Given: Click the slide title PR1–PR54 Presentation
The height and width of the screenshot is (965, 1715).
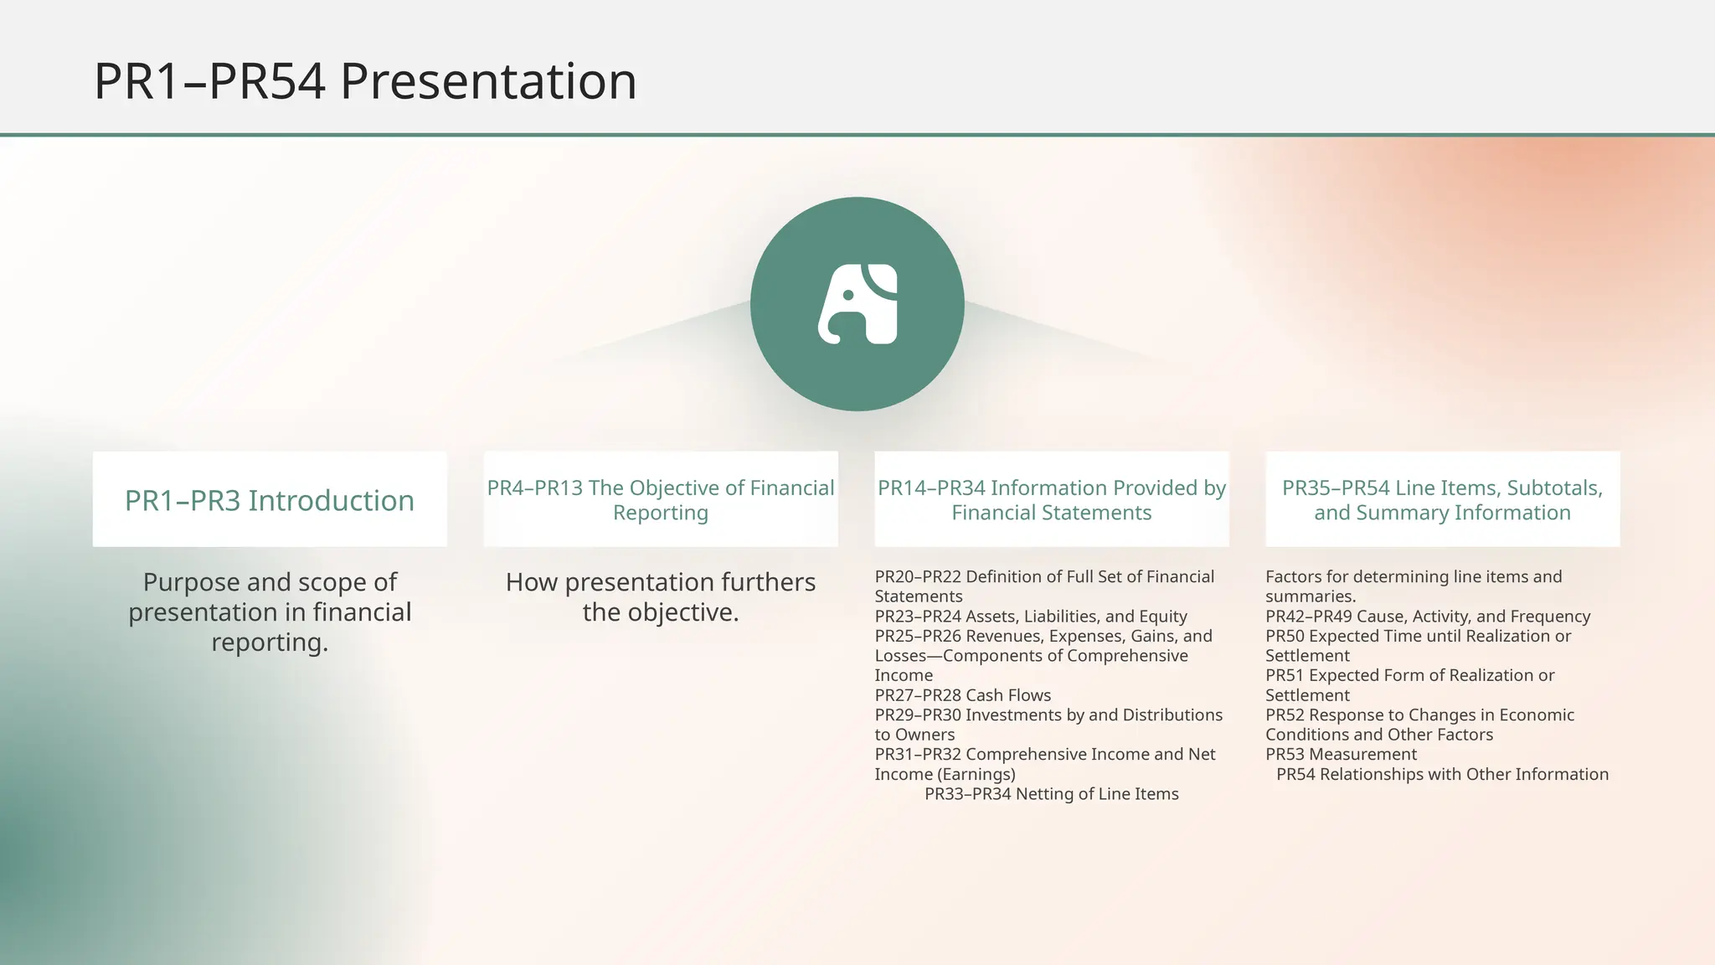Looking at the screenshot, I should pos(365,81).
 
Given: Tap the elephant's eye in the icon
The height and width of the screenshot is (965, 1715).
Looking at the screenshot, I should pos(848,296).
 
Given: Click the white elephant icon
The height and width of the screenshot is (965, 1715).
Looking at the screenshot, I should pos(857,305).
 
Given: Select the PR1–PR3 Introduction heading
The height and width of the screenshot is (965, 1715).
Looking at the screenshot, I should pos(270,500).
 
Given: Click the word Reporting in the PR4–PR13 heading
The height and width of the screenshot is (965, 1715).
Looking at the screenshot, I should pos(660,513).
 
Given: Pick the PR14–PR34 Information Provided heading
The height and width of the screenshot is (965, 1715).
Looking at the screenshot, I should pos(1051,500).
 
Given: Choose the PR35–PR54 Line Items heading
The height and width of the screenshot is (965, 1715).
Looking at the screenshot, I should pos(1442,500).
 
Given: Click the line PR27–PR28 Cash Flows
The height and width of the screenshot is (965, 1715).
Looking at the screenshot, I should pos(962,695).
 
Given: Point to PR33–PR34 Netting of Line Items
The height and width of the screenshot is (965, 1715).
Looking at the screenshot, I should pos(1051,794).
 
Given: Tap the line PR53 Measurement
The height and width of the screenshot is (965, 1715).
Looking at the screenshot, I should pos(1341,754).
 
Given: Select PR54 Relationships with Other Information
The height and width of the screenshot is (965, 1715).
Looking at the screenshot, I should pos(1442,774).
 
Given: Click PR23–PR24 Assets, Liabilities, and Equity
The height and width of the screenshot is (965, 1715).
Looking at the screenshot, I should pos(1031,617).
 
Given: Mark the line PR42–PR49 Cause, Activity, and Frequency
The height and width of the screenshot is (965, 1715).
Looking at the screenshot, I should pos(1427,617).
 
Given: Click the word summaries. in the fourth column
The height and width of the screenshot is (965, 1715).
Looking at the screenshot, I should pos(1310,596).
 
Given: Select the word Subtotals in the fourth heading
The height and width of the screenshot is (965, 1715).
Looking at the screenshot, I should pos(1554,488).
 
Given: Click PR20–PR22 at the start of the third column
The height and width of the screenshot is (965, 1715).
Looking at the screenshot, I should pos(918,576).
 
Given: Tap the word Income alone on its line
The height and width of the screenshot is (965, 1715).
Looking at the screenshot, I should pos(904,675).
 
